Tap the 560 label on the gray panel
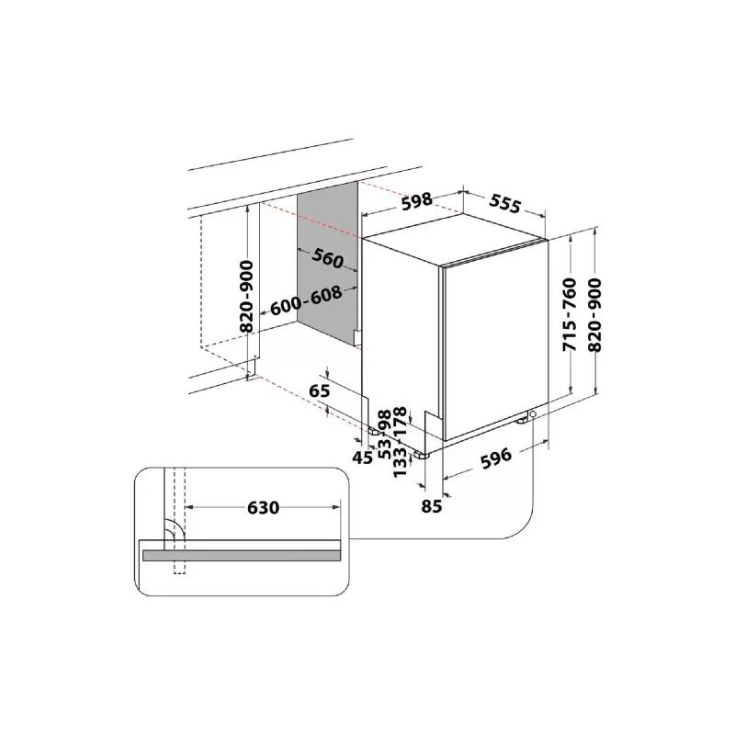[328, 259]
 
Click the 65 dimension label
[319, 391]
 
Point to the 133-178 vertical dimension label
[401, 447]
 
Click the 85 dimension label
[432, 504]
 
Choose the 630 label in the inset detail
[263, 506]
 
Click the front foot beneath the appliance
[423, 453]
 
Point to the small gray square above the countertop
[348, 136]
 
